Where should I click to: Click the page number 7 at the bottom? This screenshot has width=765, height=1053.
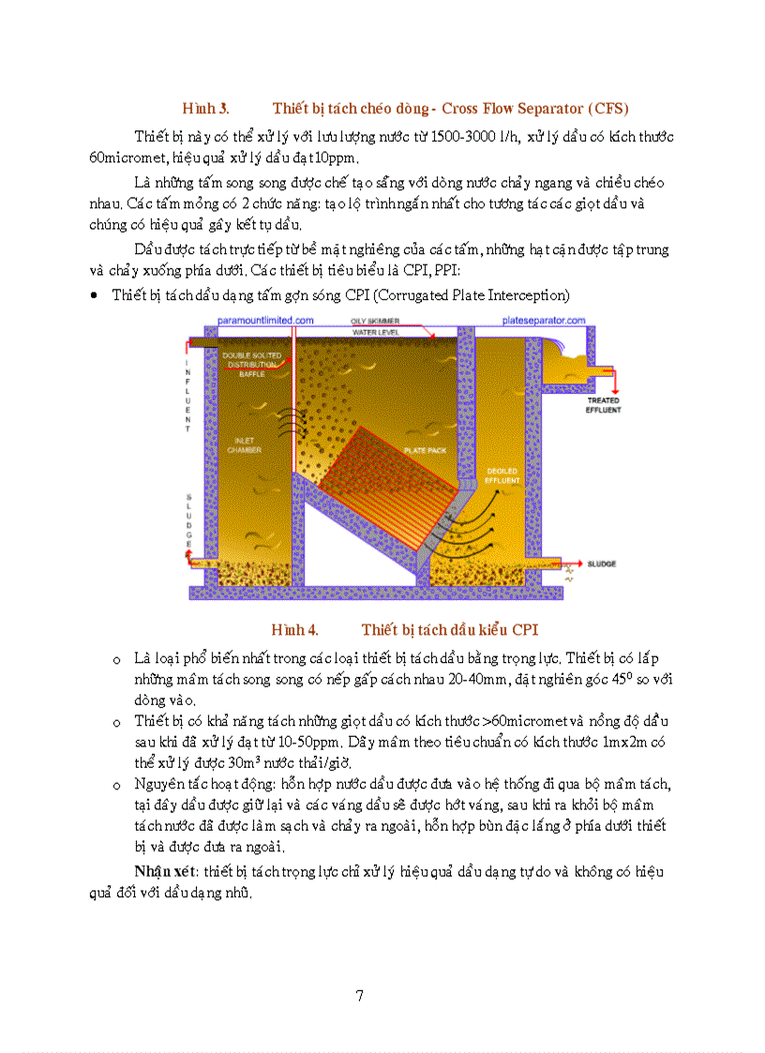click(359, 995)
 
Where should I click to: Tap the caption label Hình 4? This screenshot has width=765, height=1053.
click(294, 629)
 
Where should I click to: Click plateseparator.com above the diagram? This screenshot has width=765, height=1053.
click(544, 320)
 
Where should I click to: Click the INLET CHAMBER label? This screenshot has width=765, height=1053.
click(244, 444)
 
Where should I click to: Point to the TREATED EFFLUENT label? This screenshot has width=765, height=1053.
click(603, 405)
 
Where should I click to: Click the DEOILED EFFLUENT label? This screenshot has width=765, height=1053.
click(502, 474)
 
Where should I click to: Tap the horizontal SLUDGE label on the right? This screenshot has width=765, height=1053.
click(601, 564)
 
